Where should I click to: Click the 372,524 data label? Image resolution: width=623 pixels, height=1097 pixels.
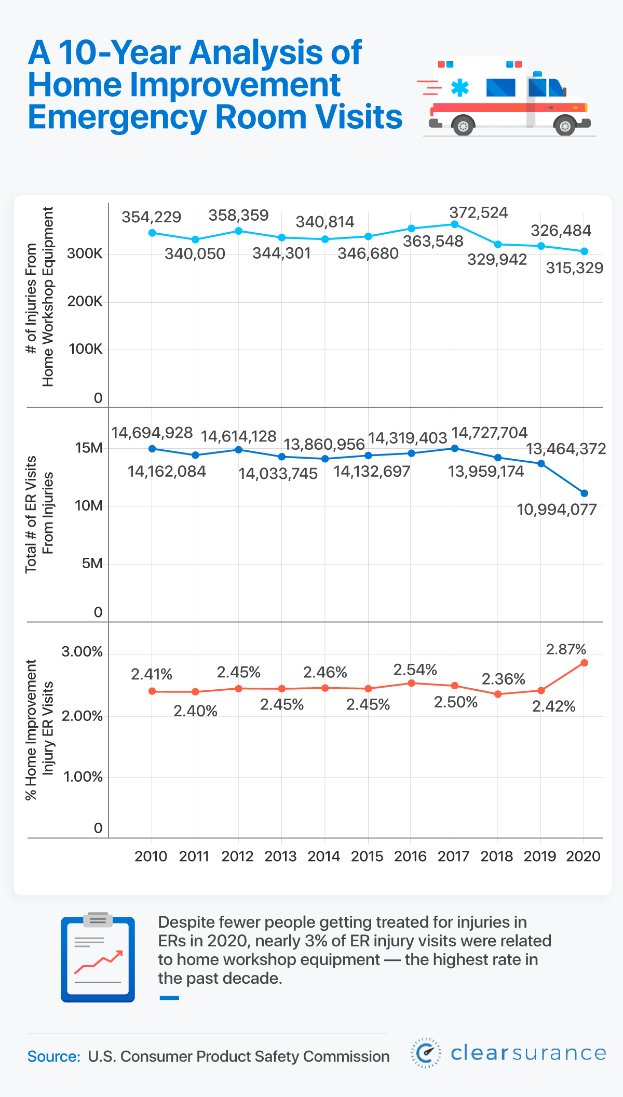(478, 213)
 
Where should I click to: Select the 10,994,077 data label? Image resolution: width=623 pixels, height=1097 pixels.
(557, 510)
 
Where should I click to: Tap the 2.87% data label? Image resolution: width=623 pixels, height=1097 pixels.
(566, 649)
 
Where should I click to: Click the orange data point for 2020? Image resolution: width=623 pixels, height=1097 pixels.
(584, 663)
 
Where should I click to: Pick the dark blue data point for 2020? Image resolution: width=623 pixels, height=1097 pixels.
(584, 493)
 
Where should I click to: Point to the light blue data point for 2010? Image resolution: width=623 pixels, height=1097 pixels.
(152, 233)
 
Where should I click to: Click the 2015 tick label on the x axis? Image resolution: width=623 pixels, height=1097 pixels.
(367, 857)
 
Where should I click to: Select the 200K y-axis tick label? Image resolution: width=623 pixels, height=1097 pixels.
(85, 302)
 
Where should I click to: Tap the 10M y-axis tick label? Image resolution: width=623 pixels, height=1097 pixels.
(88, 505)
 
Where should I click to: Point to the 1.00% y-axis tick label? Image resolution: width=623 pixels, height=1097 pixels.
(83, 777)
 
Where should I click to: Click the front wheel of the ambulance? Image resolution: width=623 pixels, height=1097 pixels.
(565, 126)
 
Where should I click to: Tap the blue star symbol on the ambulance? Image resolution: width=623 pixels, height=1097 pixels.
(459, 88)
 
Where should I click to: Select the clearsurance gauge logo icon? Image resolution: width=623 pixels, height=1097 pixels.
(426, 1053)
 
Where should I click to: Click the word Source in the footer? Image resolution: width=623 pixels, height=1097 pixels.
(53, 1056)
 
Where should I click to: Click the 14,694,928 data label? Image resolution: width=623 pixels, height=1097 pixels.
(152, 433)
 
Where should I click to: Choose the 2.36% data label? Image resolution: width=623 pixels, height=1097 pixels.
(503, 679)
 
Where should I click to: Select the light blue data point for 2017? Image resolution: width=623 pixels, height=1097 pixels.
(454, 224)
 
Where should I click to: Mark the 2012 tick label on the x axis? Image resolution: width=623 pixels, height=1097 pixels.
(237, 857)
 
